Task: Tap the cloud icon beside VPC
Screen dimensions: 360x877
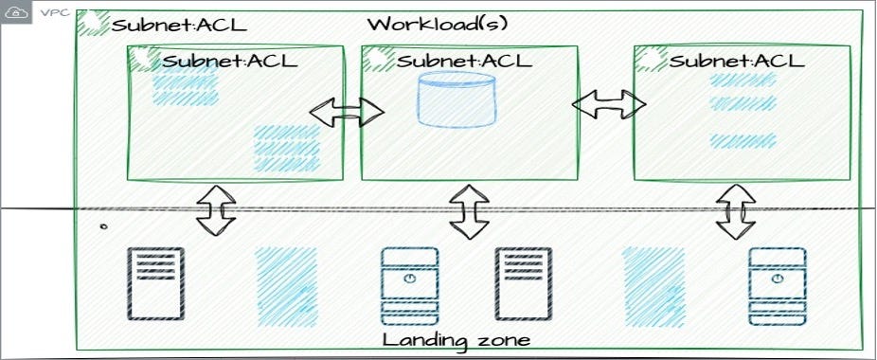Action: tap(16, 14)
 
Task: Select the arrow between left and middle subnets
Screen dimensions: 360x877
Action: tap(347, 112)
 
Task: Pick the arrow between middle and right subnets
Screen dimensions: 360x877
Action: tap(607, 104)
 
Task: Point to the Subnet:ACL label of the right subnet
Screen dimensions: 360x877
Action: tap(735, 62)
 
